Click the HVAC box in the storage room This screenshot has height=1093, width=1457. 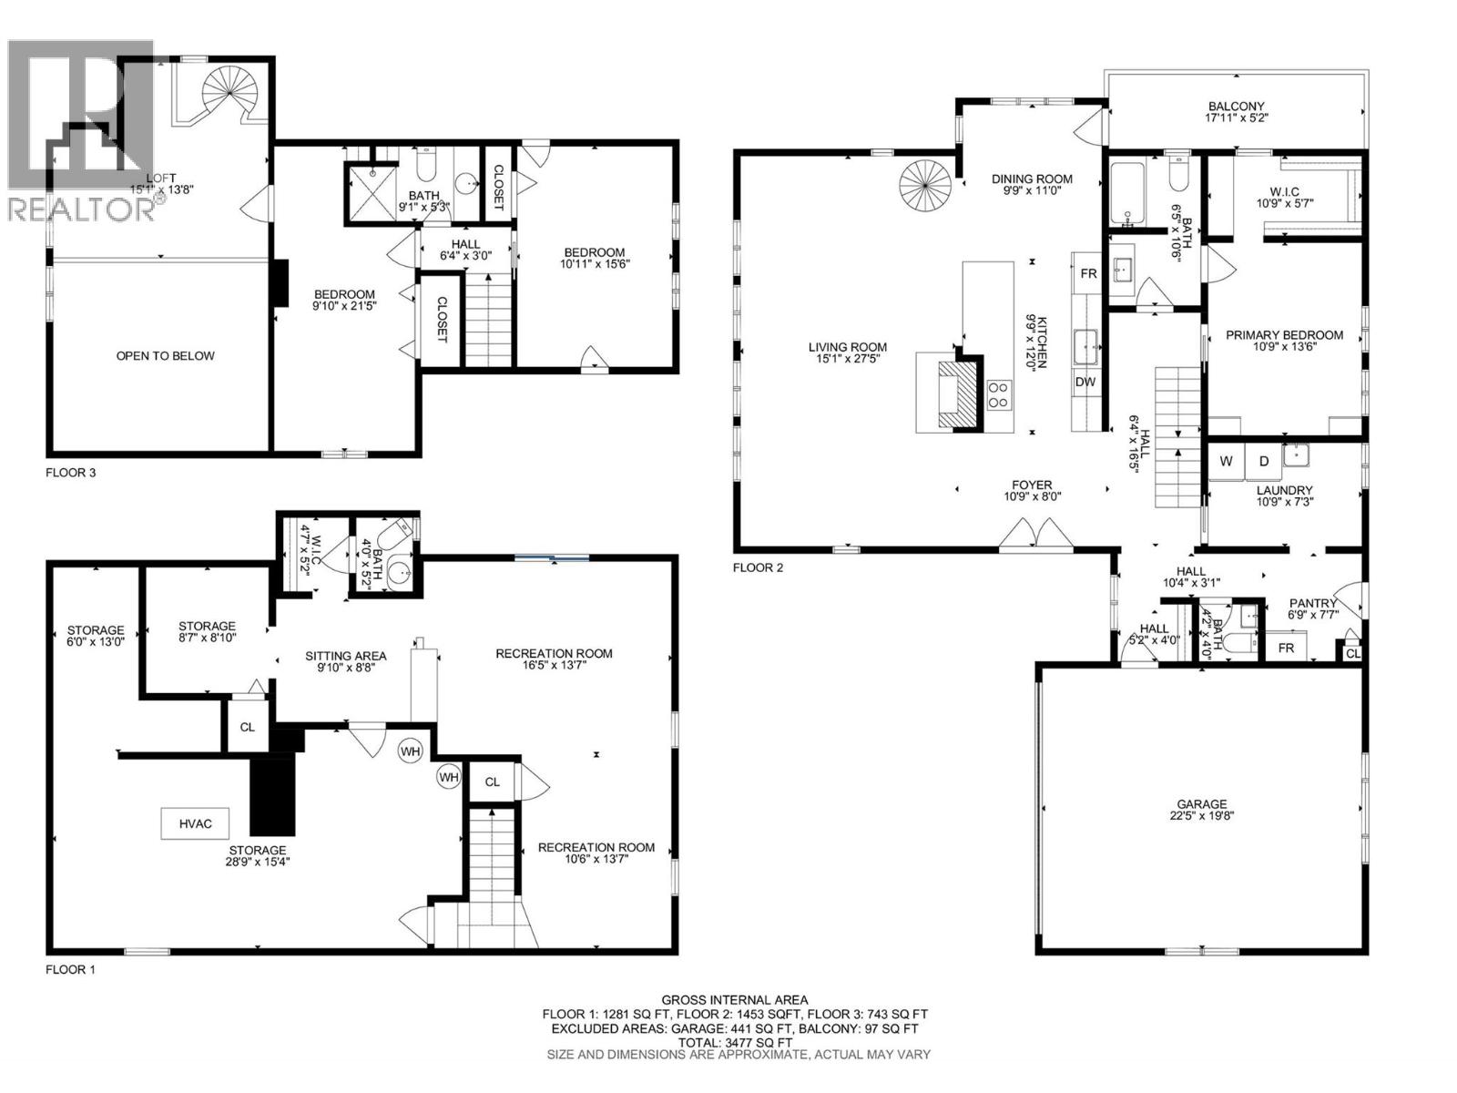tap(195, 823)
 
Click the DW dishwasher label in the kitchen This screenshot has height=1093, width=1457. tap(1085, 382)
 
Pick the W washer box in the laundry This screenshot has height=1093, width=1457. tap(1227, 461)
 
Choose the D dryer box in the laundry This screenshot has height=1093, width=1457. tap(1263, 461)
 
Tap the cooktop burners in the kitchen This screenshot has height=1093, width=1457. tap(998, 393)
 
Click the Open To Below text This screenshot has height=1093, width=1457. tap(165, 355)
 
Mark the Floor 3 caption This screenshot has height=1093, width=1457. tap(70, 473)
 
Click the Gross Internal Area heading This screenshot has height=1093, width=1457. tap(734, 999)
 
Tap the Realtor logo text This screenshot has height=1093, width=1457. tap(80, 209)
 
